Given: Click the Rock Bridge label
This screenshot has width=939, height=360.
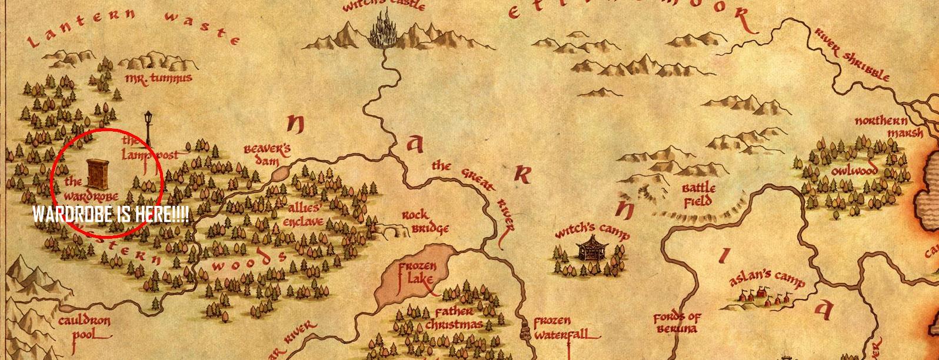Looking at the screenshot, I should pyautogui.click(x=425, y=222).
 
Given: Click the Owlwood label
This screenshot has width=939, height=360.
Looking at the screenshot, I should pyautogui.click(x=854, y=171).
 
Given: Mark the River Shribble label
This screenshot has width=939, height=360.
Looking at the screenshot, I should pyautogui.click(x=852, y=54).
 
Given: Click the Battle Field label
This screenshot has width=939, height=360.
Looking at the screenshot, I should pyautogui.click(x=698, y=194).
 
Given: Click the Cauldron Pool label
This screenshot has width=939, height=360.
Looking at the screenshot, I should pyautogui.click(x=84, y=328).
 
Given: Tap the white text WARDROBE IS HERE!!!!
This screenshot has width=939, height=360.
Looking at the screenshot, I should pyautogui.click(x=111, y=215).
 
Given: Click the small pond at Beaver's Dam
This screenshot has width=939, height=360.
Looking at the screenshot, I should pyautogui.click(x=281, y=173).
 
